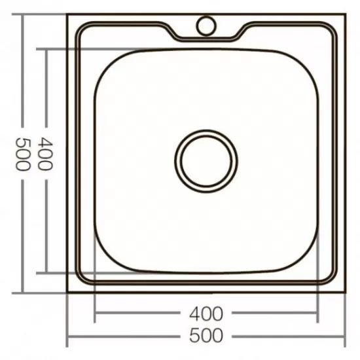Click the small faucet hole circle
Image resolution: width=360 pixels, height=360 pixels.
(206, 26)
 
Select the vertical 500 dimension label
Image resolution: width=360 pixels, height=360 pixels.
(23, 154)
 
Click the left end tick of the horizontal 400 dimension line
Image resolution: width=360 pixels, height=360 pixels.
(96, 313)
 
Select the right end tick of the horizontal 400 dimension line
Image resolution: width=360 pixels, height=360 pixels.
(318, 313)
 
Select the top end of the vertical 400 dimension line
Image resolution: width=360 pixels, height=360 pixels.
(46, 48)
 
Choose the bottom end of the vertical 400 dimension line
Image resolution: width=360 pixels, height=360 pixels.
(46, 271)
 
